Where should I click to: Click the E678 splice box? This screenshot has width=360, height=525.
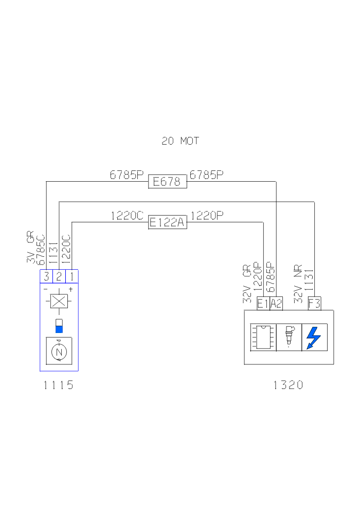point(167,182)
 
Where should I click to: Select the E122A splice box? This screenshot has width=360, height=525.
point(167,222)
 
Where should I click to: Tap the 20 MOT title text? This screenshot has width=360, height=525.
point(180,141)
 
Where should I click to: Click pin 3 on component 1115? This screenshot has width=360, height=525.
point(46,276)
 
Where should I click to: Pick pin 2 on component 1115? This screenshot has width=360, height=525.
point(59,276)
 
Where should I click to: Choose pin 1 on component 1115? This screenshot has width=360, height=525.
point(71,276)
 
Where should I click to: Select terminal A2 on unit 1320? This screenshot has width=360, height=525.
point(276,304)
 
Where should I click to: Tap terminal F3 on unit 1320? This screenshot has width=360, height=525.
point(314,304)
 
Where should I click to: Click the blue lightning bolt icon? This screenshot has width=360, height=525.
point(313,338)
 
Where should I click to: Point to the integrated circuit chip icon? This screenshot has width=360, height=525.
point(263,338)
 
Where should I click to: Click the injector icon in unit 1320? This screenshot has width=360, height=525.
point(289,337)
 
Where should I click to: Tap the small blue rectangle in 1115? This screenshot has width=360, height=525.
point(59,326)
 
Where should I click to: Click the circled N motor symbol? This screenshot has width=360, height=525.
point(59,352)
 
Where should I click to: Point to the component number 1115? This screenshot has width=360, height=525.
point(59,385)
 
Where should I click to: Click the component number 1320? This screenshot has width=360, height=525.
point(289,385)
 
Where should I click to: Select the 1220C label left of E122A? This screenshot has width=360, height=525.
point(127,216)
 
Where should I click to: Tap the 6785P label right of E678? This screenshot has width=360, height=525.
point(207,175)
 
